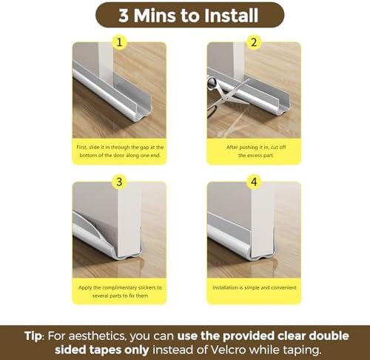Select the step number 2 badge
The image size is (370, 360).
(x=254, y=42)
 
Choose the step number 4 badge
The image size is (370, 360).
(x=254, y=181)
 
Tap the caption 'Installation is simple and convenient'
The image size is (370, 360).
(x=254, y=287)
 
